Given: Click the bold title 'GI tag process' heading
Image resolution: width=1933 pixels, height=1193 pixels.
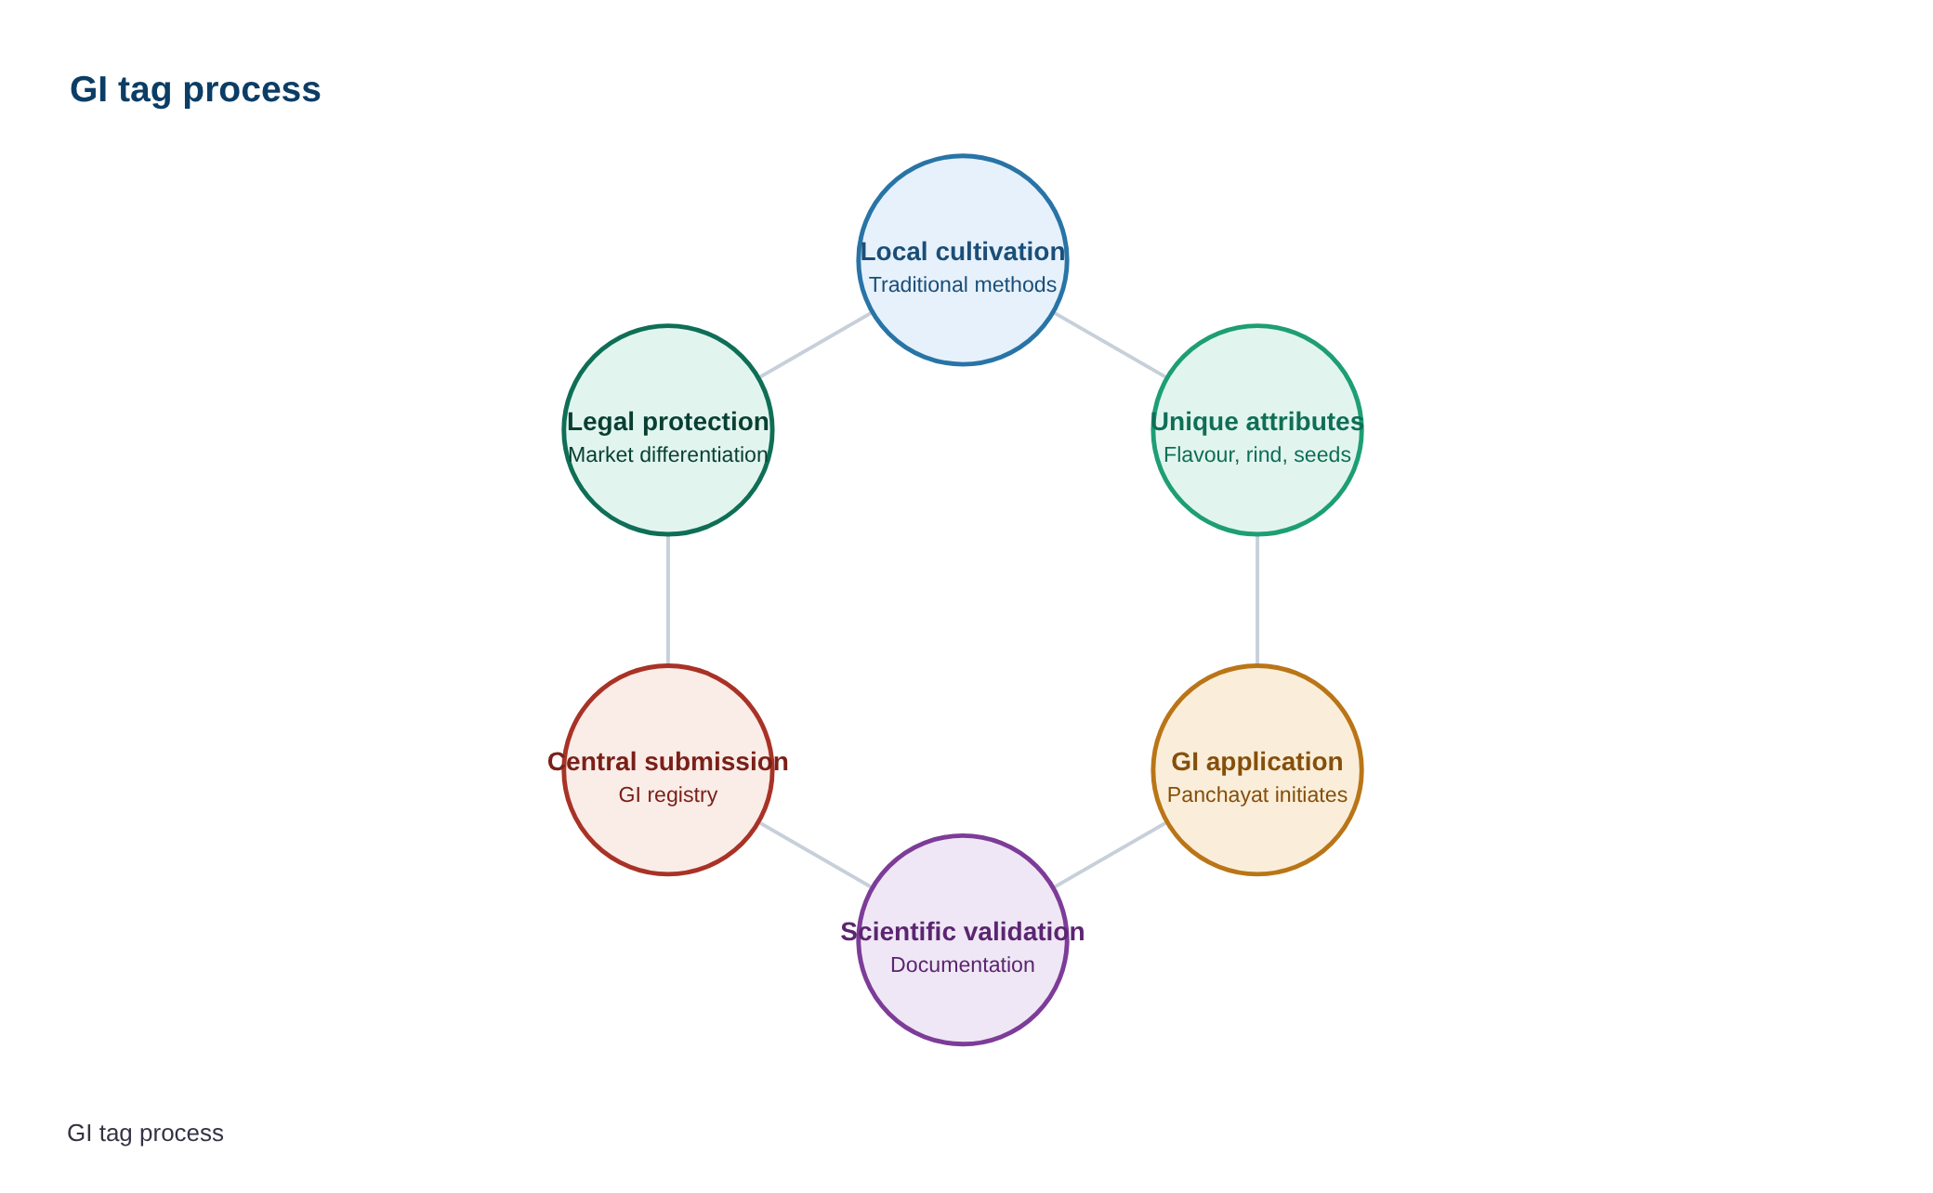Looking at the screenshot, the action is tap(195, 90).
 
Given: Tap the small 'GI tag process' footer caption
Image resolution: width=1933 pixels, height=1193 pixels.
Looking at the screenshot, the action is tap(146, 1134).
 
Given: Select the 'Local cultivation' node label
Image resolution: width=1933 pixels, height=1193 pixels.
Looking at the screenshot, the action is tap(963, 252).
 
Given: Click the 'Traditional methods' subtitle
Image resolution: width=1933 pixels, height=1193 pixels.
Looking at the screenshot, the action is tap(963, 284).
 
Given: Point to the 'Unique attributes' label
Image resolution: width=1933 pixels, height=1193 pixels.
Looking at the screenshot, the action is tap(1257, 422).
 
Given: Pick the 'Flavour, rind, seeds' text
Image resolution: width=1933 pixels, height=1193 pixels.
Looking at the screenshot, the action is tap(1257, 455).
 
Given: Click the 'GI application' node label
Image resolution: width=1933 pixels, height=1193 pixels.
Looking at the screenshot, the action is tap(1257, 762).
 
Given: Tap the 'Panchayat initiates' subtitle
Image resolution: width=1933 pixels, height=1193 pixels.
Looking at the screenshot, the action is tap(1257, 795).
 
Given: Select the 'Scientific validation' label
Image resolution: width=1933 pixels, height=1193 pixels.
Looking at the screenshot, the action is tap(963, 932).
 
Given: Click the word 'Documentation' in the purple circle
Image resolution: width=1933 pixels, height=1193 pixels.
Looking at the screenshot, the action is tap(963, 964).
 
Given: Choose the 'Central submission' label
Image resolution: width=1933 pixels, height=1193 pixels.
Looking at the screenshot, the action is tap(668, 762).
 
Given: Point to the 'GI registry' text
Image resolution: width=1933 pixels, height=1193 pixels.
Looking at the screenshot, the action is tap(668, 795).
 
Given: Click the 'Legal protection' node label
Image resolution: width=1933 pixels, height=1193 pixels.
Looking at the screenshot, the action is tap(668, 422).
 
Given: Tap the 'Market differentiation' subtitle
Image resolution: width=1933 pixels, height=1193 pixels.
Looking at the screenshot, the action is tap(668, 455).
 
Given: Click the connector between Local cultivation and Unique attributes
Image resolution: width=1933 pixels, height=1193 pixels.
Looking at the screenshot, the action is tap(1110, 346).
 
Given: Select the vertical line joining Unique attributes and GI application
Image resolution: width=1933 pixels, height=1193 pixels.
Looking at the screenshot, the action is tap(1257, 600).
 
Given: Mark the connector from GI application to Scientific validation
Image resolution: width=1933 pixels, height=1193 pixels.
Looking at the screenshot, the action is tap(1110, 855).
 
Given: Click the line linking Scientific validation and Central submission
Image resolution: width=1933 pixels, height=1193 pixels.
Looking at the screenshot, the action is tap(816, 855).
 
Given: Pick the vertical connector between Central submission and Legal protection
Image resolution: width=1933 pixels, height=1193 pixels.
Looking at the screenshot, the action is tap(668, 600).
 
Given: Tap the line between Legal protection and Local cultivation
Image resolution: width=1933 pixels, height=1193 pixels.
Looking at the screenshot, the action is tap(816, 346).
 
